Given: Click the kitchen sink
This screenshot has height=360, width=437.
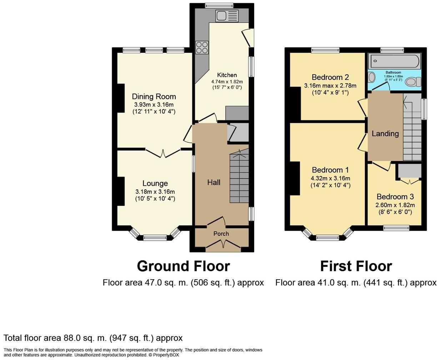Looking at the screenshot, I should tap(226, 16).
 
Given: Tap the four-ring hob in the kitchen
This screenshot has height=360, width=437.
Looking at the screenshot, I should tap(202, 47).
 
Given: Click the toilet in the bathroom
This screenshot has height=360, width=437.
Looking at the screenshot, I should tap(413, 82).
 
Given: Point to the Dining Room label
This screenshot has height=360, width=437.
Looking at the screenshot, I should tap(154, 96).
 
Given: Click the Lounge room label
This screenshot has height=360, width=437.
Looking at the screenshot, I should tap(155, 183).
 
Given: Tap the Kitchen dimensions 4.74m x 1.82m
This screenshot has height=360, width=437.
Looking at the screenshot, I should tap(227, 81).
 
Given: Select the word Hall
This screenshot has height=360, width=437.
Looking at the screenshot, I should tap(214, 182).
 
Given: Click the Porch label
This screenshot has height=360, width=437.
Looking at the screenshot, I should tap(221, 234).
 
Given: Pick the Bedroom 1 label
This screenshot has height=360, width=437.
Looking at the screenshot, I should tap(330, 170).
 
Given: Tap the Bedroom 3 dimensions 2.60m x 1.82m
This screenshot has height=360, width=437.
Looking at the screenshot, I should tap(395, 205).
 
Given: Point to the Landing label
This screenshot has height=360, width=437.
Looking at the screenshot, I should tap(385, 134).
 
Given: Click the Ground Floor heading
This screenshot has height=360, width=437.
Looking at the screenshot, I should tap(183, 266).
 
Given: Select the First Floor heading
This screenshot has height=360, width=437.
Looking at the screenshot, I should tap(356, 266).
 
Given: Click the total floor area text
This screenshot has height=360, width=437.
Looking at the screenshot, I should tap(93, 338).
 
